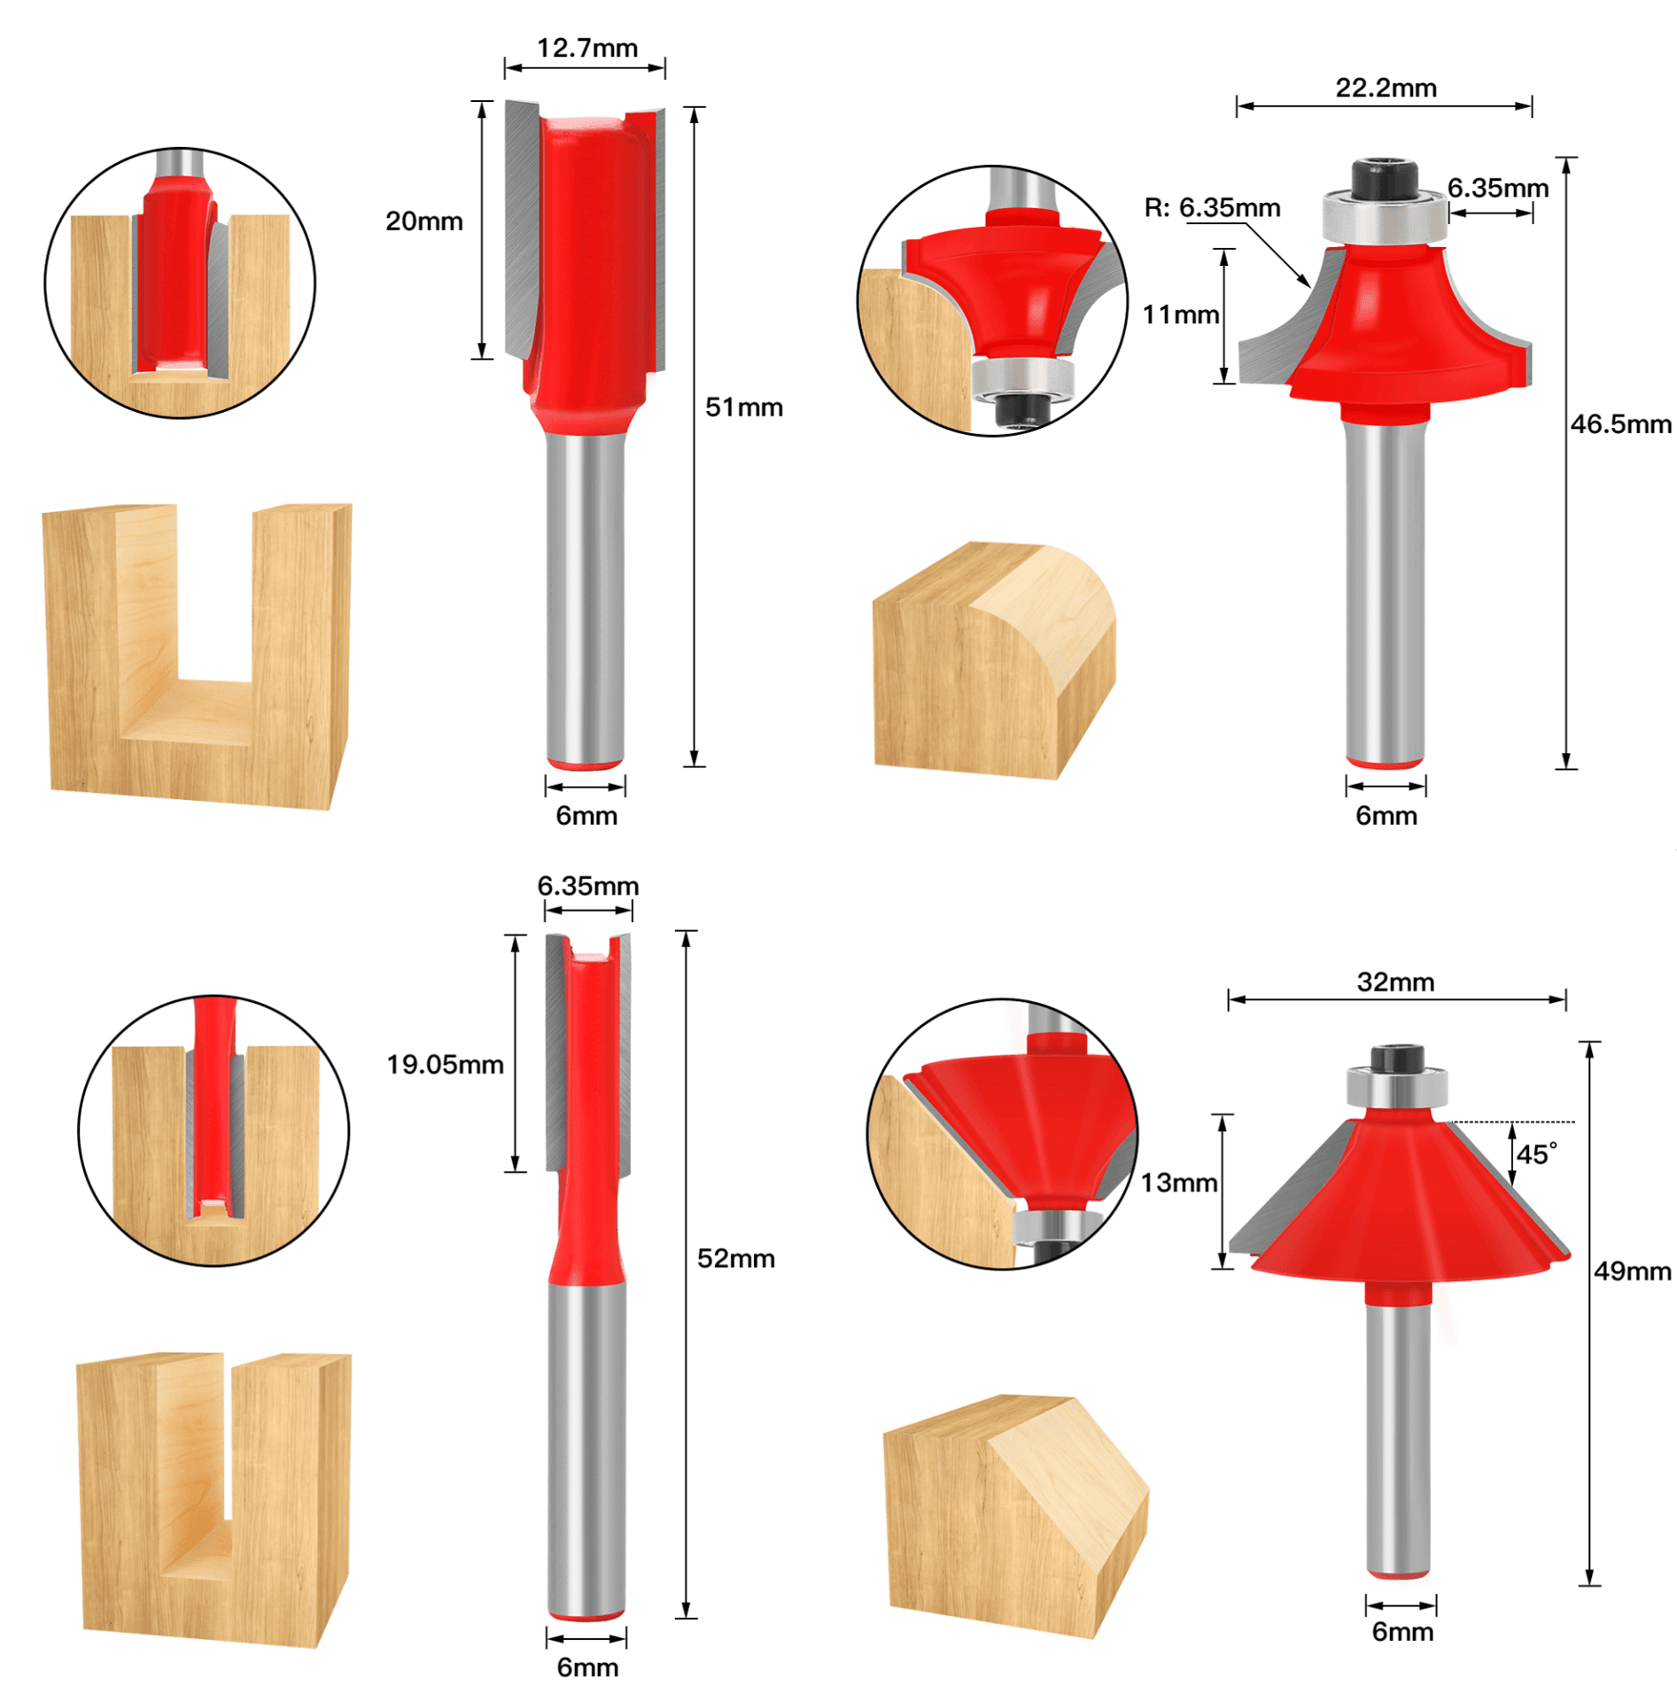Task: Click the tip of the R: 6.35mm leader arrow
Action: (1310, 288)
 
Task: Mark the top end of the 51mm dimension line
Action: (695, 107)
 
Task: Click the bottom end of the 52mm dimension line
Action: (686, 1619)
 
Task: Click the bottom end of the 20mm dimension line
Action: (481, 358)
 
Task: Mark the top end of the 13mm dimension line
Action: (1223, 1115)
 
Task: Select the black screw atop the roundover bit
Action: (1384, 177)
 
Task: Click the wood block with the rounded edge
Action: (994, 661)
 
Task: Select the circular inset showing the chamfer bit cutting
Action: (1002, 1134)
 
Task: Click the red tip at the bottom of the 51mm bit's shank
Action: (585, 764)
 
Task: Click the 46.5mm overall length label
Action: (1620, 424)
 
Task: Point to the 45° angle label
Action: (1537, 1154)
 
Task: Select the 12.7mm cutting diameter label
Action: (587, 49)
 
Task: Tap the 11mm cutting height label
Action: (1180, 315)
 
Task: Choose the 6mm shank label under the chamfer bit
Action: (1402, 1632)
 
